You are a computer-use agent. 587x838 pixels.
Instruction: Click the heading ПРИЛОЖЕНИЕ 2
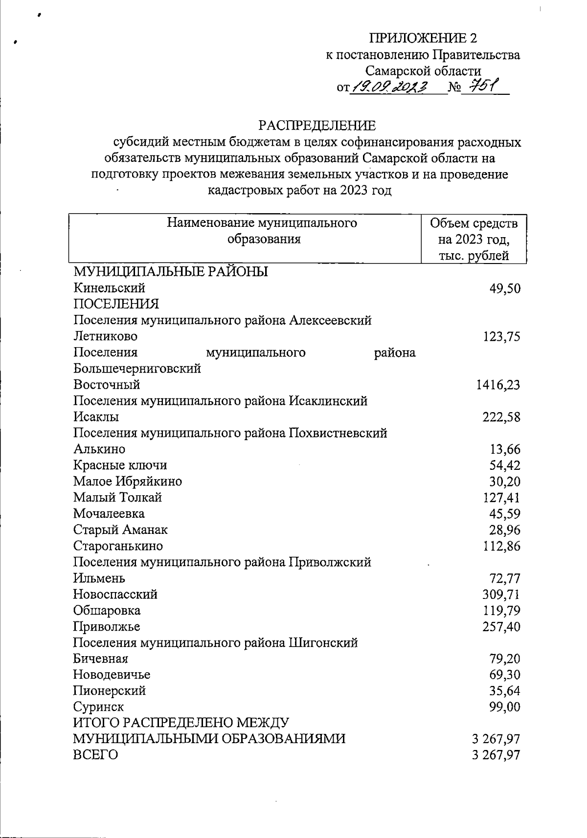click(423, 38)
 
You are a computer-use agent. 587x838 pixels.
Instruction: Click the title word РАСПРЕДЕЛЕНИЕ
click(317, 126)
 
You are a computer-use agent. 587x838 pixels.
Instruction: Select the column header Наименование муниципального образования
click(262, 231)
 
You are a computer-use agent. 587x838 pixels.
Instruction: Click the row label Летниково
click(105, 336)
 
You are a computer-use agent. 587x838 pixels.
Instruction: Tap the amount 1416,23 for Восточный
click(498, 385)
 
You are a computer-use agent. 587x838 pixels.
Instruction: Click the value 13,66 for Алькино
click(505, 449)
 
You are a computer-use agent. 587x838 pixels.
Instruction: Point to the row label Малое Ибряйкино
click(127, 482)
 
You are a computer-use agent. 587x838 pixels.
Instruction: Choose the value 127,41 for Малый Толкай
click(501, 498)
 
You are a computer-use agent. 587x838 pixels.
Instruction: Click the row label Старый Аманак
click(120, 530)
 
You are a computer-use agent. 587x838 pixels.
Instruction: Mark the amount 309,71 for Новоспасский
click(501, 595)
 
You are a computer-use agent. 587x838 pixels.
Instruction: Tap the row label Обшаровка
click(107, 611)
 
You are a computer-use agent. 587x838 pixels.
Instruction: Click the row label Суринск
click(98, 707)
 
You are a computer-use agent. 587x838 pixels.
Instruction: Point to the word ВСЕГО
click(95, 755)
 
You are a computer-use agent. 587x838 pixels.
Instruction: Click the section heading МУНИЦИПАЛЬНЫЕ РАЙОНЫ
click(170, 272)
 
